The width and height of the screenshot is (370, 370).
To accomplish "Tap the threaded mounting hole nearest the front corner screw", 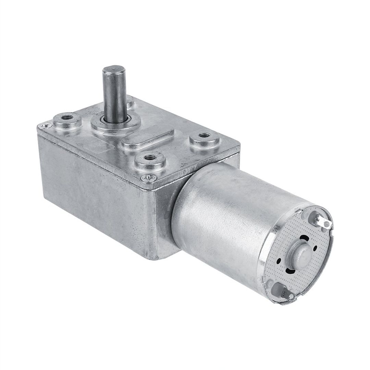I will tap(148, 158).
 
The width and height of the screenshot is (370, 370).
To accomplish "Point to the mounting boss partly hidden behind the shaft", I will tap(130, 101).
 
